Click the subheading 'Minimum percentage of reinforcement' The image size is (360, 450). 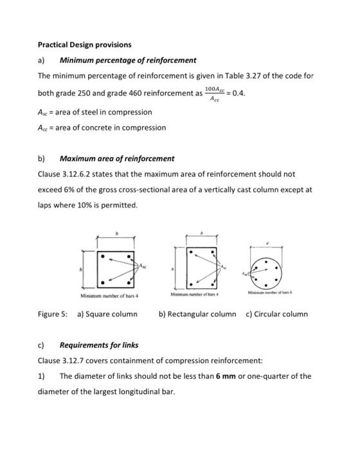128,60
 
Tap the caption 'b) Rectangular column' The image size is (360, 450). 197,314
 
